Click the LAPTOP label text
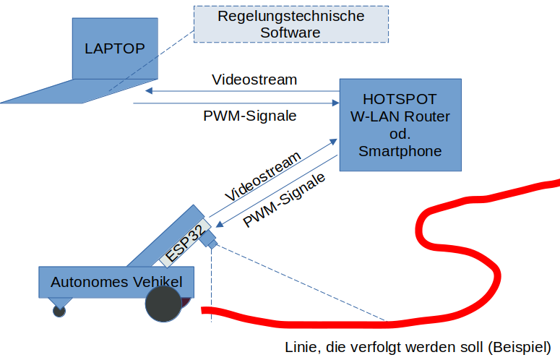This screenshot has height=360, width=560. (115, 48)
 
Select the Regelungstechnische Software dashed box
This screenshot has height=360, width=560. (290, 24)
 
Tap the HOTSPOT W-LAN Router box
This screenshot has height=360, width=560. (400, 125)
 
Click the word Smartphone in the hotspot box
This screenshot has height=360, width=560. (400, 151)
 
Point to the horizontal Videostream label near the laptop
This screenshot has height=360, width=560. (254, 80)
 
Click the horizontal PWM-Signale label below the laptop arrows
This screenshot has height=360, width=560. (250, 116)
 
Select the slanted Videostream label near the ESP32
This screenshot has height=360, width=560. (262, 177)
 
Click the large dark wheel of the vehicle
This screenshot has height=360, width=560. (163, 305)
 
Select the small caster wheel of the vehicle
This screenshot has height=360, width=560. (59, 311)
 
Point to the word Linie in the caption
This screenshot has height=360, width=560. (299, 347)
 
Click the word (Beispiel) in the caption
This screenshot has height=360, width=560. (520, 347)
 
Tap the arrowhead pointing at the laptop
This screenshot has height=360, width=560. (148, 91)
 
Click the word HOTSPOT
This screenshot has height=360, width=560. (400, 99)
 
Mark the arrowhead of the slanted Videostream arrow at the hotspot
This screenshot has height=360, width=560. (335, 140)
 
